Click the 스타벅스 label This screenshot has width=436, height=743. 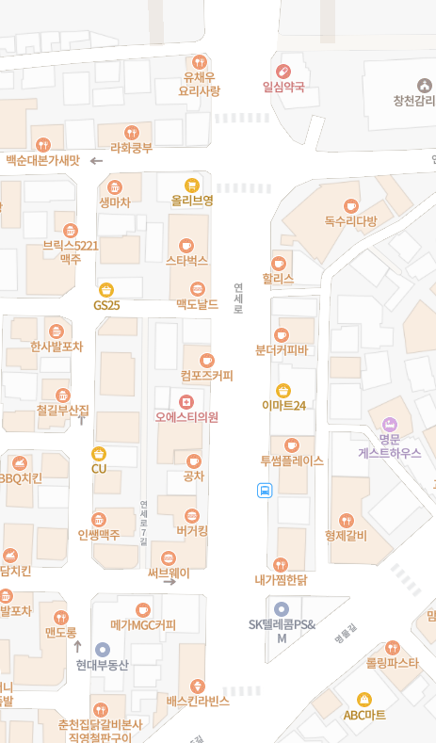[186, 260]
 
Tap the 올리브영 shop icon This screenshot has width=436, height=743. [192, 185]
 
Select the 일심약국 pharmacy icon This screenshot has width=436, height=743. [283, 71]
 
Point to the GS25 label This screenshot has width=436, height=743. [106, 305]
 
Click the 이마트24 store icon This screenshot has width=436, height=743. [283, 390]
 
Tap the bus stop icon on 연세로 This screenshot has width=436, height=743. [265, 490]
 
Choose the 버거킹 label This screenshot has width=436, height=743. [192, 531]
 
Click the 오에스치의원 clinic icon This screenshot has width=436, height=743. [186, 402]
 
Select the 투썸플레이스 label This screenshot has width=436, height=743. [292, 460]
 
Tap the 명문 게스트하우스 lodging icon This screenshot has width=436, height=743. [390, 424]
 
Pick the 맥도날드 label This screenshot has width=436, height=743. [197, 305]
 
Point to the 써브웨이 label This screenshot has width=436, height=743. [169, 573]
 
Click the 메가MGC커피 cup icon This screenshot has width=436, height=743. [143, 609]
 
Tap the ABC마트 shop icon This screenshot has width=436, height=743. [364, 700]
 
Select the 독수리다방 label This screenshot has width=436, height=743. [350, 221]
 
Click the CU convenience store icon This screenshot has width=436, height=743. [99, 454]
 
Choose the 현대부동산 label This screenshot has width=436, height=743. [103, 665]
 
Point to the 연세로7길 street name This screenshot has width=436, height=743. [144, 523]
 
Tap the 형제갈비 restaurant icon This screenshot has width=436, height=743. [346, 520]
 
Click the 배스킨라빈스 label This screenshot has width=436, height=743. [198, 701]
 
